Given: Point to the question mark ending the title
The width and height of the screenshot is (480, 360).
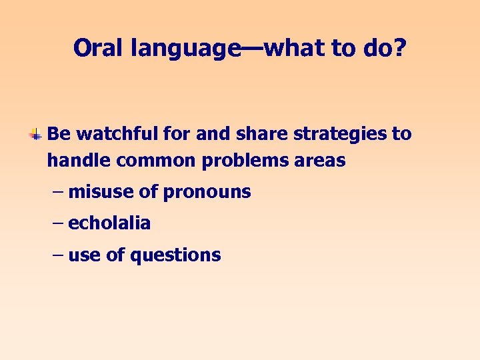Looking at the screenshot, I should click(x=399, y=48).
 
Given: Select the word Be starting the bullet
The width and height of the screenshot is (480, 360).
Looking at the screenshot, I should click(x=59, y=134).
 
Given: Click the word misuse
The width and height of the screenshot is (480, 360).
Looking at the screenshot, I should click(x=101, y=192).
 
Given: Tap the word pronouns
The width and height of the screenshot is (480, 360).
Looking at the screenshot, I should click(x=207, y=193).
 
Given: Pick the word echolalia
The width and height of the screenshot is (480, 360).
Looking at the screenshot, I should click(x=109, y=223).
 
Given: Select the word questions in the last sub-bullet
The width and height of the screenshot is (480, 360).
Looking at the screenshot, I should click(x=175, y=255).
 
